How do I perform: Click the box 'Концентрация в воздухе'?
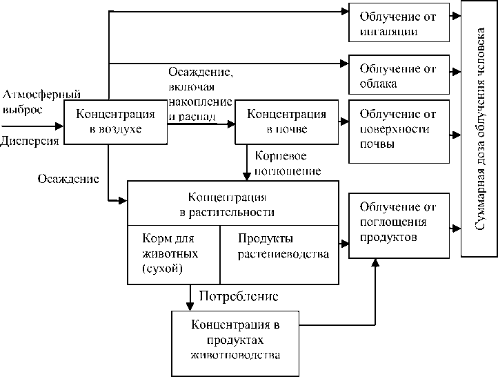115,122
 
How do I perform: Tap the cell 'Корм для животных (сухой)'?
172,254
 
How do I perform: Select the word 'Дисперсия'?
30,141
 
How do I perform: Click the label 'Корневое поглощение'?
288,162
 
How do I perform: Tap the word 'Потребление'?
239,297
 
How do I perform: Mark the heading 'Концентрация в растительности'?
232,204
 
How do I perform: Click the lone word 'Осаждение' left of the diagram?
68,179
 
